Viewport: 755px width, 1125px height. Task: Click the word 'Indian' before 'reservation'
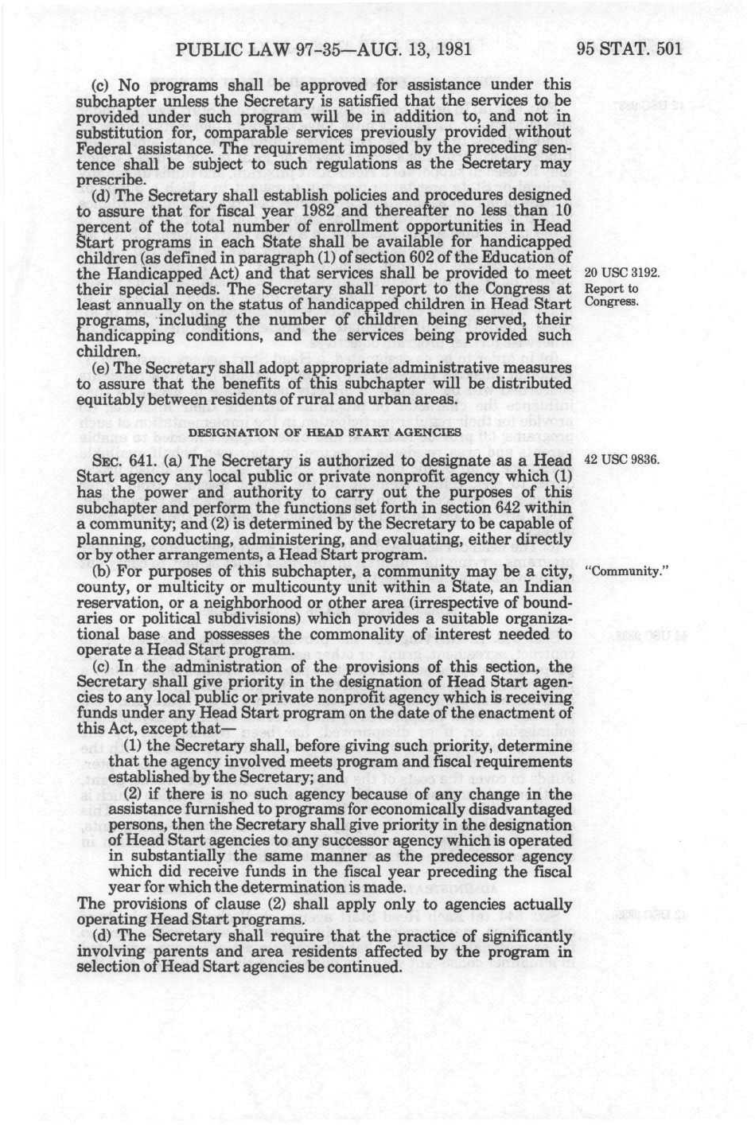tap(546, 587)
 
